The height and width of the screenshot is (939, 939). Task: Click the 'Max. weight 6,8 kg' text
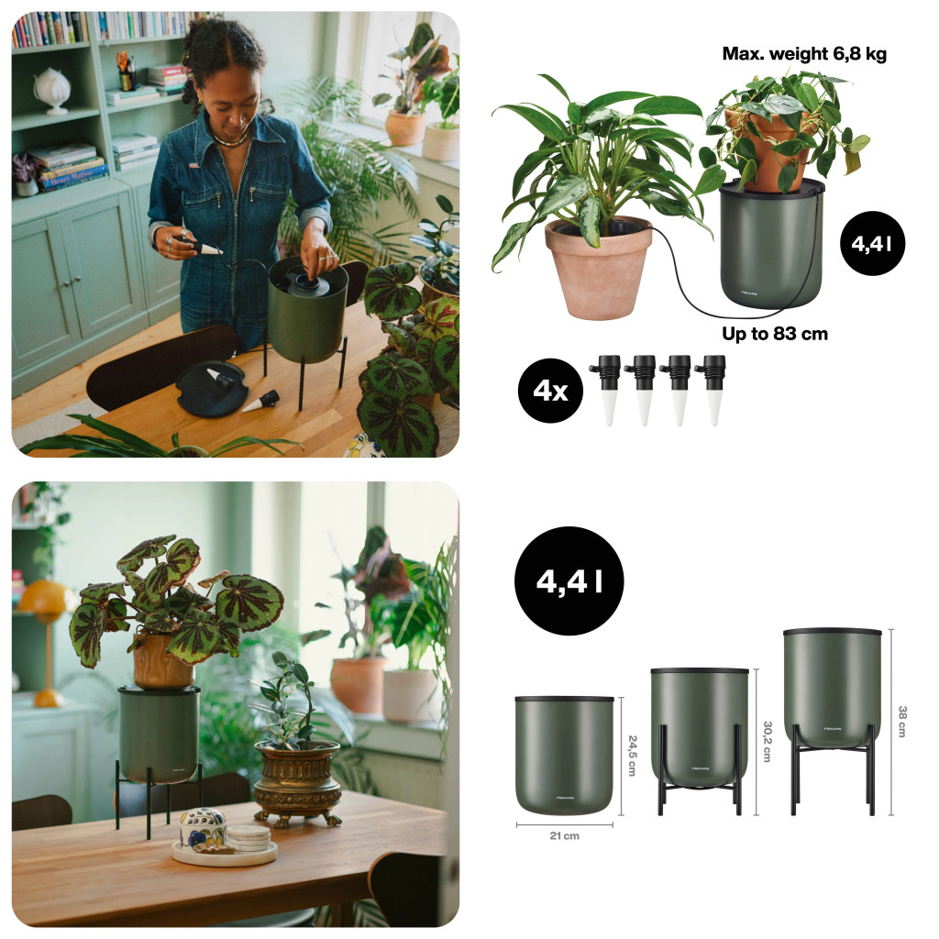(803, 54)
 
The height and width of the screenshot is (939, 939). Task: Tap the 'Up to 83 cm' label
(775, 334)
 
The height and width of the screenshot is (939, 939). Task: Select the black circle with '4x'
(550, 391)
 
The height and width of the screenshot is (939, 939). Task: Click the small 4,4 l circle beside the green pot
(873, 243)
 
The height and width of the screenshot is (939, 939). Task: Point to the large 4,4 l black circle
(569, 580)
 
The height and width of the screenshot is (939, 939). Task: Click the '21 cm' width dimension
(564, 835)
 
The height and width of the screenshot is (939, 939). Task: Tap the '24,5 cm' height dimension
(633, 756)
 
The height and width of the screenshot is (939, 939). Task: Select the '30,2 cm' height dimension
(768, 741)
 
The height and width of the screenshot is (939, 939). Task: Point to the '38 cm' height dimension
(902, 721)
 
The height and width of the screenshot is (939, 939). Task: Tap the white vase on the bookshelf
(52, 91)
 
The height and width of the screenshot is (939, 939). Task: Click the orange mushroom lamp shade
(44, 599)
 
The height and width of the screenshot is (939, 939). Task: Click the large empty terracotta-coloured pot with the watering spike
(598, 267)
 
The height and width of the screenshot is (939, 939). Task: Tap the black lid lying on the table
(212, 389)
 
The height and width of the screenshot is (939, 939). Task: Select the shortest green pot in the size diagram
(564, 756)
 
